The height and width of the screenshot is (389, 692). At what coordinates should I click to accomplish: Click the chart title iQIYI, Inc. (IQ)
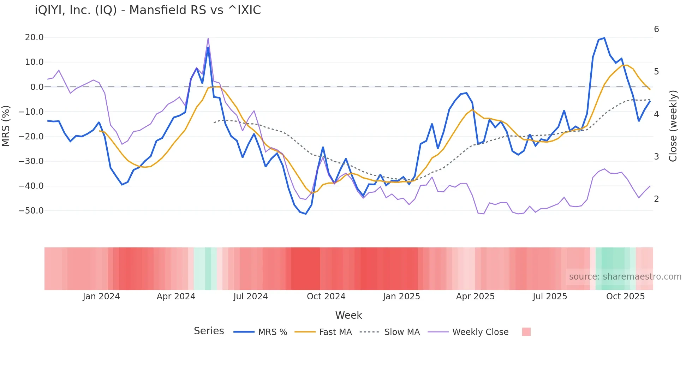[148, 10]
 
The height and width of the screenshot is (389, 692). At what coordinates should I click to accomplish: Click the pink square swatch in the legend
[526, 332]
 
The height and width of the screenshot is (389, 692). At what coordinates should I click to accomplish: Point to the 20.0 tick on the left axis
[34, 37]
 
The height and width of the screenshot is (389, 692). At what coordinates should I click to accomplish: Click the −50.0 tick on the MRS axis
[31, 211]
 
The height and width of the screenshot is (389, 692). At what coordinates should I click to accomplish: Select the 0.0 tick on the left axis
[37, 87]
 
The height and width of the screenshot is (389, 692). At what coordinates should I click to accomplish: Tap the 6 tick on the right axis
[656, 29]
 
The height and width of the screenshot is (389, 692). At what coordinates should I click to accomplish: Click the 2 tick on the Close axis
[656, 199]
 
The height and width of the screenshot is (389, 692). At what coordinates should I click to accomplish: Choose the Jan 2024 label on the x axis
[101, 297]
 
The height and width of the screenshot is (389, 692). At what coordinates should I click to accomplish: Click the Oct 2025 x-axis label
[625, 297]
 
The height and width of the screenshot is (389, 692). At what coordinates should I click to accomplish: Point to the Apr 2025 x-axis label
[475, 297]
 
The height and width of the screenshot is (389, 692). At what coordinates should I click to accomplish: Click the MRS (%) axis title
[6, 126]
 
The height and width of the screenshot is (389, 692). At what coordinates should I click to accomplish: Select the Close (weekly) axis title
[673, 126]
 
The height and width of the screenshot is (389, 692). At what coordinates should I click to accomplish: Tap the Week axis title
[348, 315]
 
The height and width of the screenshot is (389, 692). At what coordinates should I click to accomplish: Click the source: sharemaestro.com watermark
[625, 277]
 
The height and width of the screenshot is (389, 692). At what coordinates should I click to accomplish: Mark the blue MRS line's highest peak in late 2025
[604, 38]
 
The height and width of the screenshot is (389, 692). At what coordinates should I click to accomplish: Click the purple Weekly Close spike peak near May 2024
[208, 38]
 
